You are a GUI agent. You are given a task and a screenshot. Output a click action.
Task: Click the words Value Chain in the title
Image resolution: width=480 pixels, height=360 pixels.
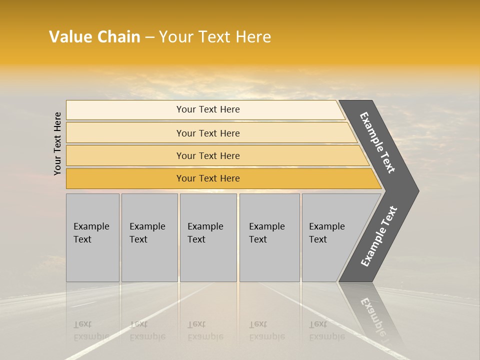94,37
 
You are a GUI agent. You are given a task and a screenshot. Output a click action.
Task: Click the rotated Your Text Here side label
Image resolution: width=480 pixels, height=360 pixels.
57,143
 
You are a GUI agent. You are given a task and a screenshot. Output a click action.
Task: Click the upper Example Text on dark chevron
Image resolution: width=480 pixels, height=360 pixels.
377,142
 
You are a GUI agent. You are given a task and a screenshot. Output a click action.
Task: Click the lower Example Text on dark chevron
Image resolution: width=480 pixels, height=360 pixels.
379,236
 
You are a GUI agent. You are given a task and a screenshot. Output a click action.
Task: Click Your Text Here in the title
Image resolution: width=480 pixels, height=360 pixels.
215,37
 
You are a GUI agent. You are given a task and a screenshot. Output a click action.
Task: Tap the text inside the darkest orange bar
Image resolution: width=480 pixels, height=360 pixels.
208,178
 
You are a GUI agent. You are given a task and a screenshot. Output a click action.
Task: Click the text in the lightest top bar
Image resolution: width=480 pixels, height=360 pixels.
208,109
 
